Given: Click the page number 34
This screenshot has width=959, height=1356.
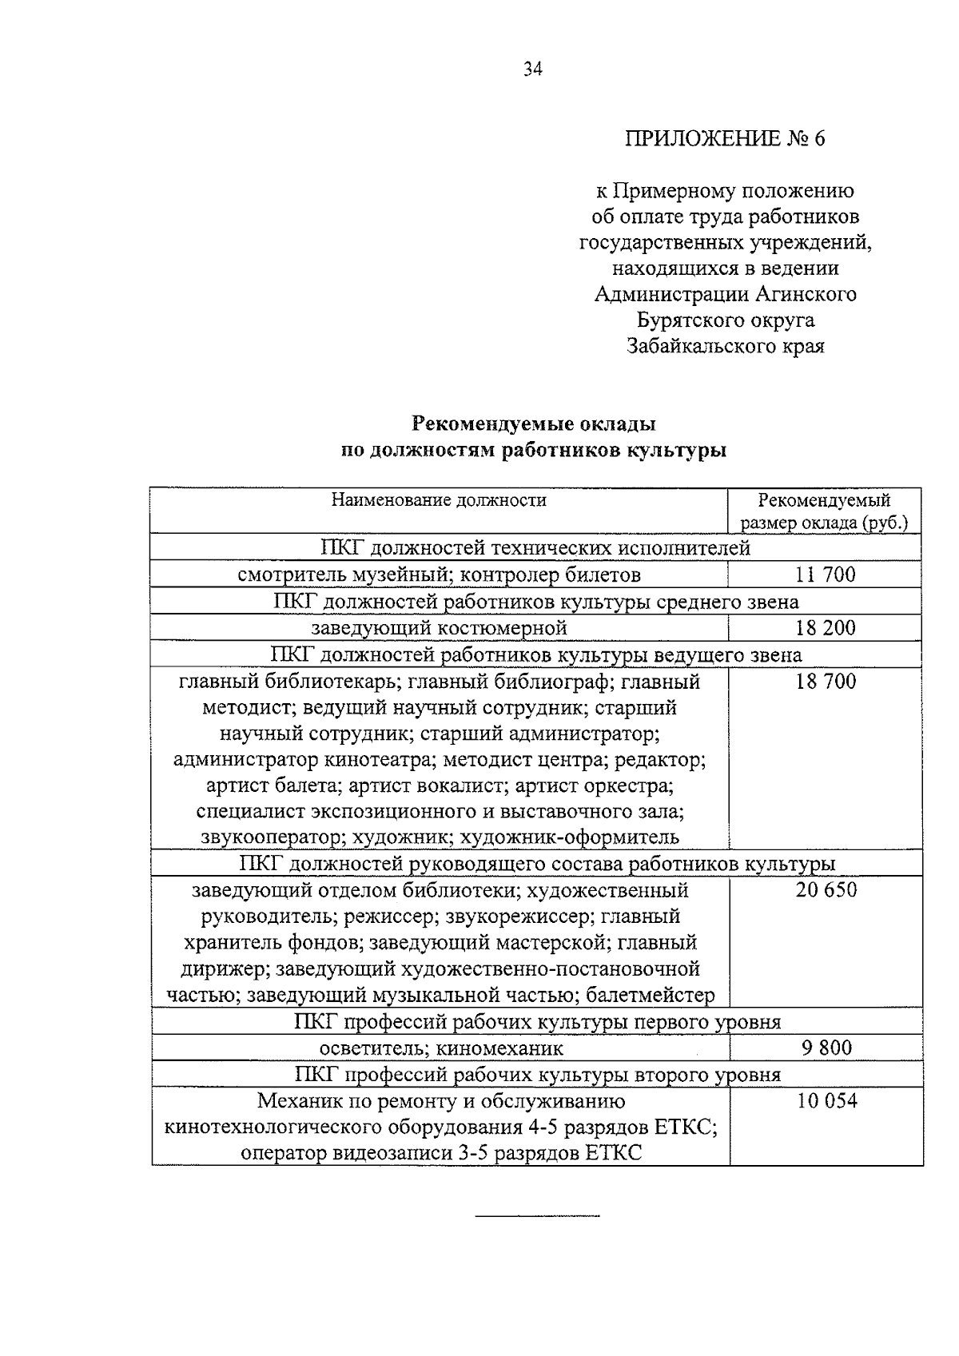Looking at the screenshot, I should pyautogui.click(x=533, y=70).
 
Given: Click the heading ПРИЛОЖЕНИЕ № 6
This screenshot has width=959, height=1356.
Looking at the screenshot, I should pyautogui.click(x=725, y=138).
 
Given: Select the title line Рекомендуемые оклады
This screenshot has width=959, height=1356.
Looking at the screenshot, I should pyautogui.click(x=534, y=423).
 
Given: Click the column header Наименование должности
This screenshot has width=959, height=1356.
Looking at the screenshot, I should pyautogui.click(x=439, y=500).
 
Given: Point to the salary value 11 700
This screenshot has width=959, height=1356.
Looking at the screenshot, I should pyautogui.click(x=825, y=575).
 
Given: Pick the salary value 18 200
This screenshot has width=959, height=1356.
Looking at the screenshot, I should pyautogui.click(x=825, y=627).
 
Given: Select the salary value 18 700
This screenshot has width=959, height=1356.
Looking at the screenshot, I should pyautogui.click(x=825, y=681).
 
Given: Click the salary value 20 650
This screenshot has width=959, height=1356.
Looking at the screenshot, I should pyautogui.click(x=826, y=889).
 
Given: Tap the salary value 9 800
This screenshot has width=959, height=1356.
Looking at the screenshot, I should pyautogui.click(x=826, y=1048).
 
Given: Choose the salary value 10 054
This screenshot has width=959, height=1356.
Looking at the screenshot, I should pyautogui.click(x=826, y=1100).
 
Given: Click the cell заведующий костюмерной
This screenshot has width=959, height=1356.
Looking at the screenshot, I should pyautogui.click(x=439, y=627).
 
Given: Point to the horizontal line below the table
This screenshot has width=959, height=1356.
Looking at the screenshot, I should pyautogui.click(x=536, y=1216).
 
